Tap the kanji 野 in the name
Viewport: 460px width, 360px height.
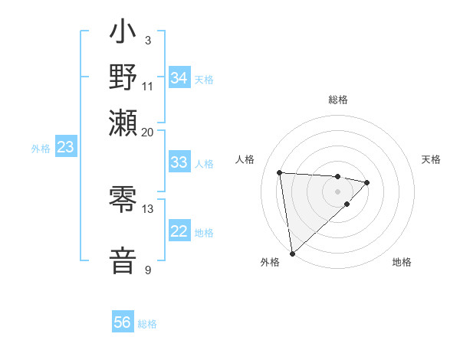click(123, 79)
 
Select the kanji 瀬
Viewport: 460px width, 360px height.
click(123, 122)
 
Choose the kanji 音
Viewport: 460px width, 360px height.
click(123, 260)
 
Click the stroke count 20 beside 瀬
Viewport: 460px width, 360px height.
click(148, 132)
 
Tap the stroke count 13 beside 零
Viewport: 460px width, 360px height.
click(148, 208)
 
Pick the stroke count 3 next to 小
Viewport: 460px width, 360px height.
click(148, 40)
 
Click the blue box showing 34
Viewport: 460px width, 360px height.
click(179, 77)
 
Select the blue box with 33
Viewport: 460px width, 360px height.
click(179, 162)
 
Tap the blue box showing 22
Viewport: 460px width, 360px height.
click(179, 231)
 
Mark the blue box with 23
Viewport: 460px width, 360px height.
click(65, 148)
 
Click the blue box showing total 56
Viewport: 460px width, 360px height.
click(123, 322)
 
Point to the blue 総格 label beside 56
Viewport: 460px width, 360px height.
click(147, 324)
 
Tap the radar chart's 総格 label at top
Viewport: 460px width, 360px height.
click(338, 100)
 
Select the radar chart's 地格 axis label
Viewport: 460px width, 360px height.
click(402, 263)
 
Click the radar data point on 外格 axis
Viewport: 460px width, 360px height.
click(292, 253)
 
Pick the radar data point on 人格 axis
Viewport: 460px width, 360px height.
click(280, 172)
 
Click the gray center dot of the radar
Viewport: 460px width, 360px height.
click(337, 191)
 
